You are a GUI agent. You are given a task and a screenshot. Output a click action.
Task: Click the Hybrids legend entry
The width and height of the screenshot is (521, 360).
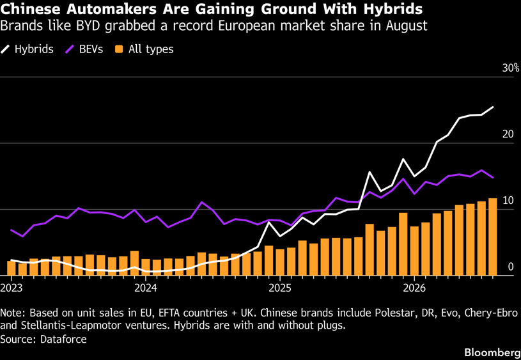coord(27,49)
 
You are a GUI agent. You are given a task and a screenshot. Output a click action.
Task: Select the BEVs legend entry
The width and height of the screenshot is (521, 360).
coord(84,49)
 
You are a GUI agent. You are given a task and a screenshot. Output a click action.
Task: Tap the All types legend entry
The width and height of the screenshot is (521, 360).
coord(144,49)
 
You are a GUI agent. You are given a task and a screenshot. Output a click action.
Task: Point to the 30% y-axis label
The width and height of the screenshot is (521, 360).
coord(511,68)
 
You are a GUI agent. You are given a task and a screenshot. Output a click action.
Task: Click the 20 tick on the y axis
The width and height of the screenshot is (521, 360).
coord(508,134)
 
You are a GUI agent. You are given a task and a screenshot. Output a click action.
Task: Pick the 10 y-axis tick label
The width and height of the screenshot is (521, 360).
coord(508,200)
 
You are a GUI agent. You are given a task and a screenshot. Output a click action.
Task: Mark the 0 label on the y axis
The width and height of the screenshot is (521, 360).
coord(511,267)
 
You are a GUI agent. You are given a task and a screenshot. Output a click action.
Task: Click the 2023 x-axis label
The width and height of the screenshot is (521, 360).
coord(12,288)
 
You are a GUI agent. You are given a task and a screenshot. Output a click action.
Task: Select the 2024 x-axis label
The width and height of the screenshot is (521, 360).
coord(146,288)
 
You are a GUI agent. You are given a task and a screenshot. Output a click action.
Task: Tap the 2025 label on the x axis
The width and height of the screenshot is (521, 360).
coord(280,288)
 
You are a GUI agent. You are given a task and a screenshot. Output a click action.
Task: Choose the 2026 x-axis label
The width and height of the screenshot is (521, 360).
coord(414,288)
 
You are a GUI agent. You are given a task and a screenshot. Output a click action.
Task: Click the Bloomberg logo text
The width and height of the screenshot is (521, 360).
coord(492,352)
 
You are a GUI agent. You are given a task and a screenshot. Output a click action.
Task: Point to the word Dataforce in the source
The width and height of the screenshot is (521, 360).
coord(63,339)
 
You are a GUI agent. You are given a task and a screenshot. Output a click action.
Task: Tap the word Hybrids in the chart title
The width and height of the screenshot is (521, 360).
coord(393,10)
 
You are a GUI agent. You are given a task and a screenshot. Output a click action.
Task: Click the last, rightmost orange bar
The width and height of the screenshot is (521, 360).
coord(493,237)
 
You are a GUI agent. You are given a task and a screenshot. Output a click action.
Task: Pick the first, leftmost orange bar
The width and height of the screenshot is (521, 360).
coord(12,269)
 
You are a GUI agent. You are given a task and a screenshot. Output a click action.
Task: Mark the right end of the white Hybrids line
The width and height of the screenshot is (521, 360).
coord(493,107)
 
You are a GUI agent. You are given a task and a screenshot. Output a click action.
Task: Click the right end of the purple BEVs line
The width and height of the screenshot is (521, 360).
coord(493,178)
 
